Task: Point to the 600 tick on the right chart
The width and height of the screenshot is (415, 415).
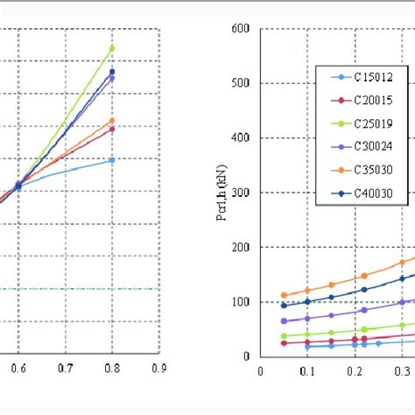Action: pyautogui.click(x=239, y=29)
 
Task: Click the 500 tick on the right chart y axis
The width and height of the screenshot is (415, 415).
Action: pyautogui.click(x=239, y=83)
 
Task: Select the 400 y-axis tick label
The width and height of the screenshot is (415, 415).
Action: pyautogui.click(x=239, y=138)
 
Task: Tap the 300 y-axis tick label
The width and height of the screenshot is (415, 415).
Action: pyautogui.click(x=239, y=193)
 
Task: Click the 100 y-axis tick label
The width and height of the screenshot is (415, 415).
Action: pyautogui.click(x=239, y=302)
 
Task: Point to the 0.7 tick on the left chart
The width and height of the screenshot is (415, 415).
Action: pyautogui.click(x=65, y=369)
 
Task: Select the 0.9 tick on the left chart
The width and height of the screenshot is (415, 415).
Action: pyautogui.click(x=158, y=369)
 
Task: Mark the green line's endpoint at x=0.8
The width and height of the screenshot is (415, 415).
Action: pyautogui.click(x=112, y=48)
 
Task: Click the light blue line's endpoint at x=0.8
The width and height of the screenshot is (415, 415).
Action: pyautogui.click(x=112, y=160)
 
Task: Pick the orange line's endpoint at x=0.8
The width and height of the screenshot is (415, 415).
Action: pyautogui.click(x=112, y=120)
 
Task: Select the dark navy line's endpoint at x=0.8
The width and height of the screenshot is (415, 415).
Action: pyautogui.click(x=112, y=72)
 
